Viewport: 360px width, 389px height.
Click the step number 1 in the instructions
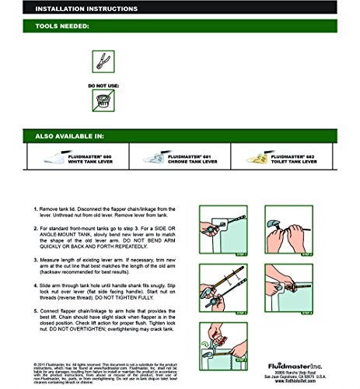[x=37, y=210]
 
